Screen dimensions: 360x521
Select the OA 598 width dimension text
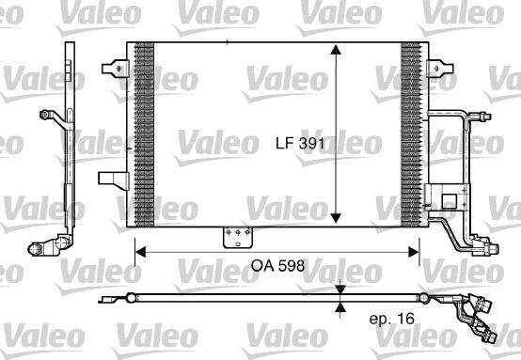click(x=278, y=265)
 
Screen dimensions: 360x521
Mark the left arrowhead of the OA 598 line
click(x=140, y=250)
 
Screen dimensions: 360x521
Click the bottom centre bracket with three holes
click(x=232, y=239)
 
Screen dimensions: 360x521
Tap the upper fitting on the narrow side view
click(x=46, y=117)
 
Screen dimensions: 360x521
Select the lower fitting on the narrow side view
click(x=43, y=247)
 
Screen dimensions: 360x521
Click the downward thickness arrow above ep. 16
click(x=340, y=290)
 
